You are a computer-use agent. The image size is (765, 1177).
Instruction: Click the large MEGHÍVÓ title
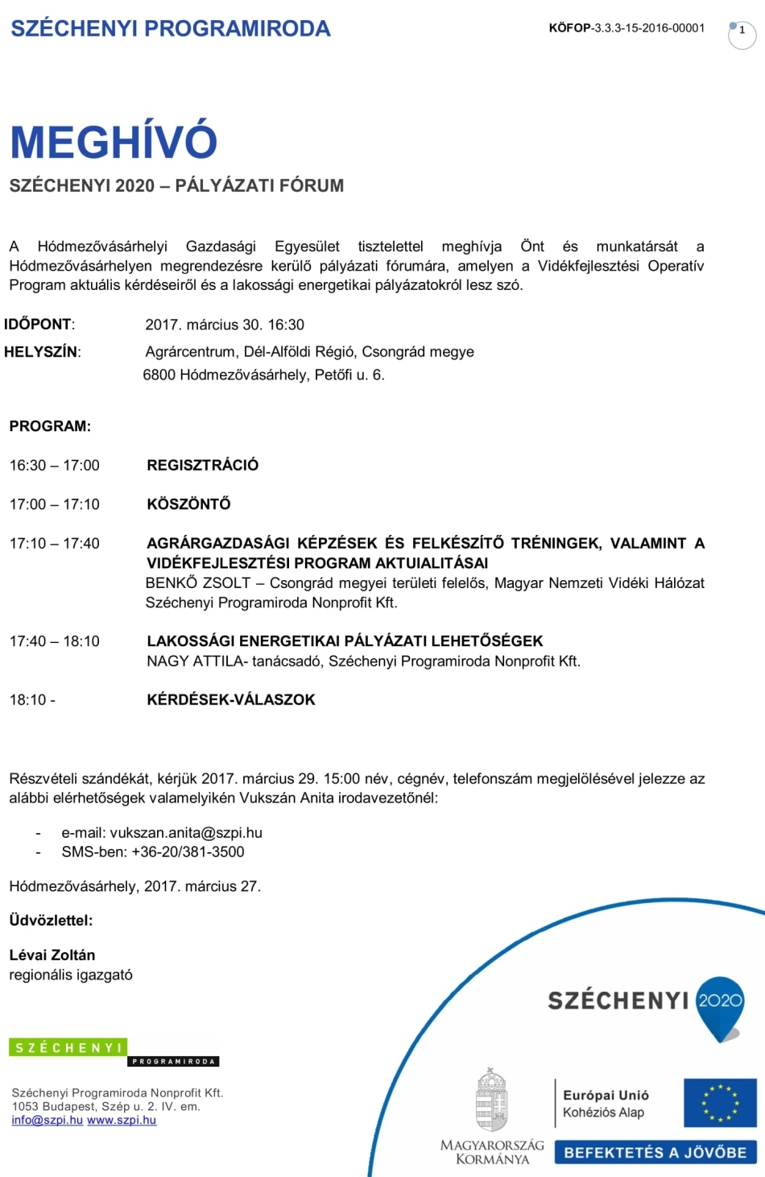point(114,142)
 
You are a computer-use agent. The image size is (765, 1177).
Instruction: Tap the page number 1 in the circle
point(742,31)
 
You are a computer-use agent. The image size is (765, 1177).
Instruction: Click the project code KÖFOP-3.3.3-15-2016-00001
point(626,28)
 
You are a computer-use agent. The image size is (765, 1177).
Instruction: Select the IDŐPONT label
point(39,325)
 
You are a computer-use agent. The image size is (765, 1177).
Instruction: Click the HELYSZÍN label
point(42,352)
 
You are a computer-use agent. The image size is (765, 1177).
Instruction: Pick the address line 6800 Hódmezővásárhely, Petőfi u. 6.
point(264,375)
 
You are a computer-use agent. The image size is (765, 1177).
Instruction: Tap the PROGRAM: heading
point(50,426)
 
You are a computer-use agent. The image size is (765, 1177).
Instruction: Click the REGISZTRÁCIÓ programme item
point(203,466)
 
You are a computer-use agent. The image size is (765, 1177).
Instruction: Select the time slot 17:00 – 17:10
point(55,505)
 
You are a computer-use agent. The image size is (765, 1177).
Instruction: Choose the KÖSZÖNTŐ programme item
point(188,504)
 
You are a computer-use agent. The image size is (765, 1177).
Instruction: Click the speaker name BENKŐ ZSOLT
point(198,583)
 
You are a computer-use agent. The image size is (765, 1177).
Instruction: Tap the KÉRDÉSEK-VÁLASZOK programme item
point(231,700)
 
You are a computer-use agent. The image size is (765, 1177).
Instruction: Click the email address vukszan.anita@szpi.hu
point(186,833)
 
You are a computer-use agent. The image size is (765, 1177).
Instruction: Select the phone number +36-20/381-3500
point(188,852)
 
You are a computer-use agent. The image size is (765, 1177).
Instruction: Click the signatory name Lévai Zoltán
point(52,955)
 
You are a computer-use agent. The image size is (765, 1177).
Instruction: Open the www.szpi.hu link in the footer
point(122,1121)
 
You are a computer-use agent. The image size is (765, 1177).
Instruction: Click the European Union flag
point(720,1103)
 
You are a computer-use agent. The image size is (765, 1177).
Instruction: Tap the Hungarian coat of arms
point(491,1100)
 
